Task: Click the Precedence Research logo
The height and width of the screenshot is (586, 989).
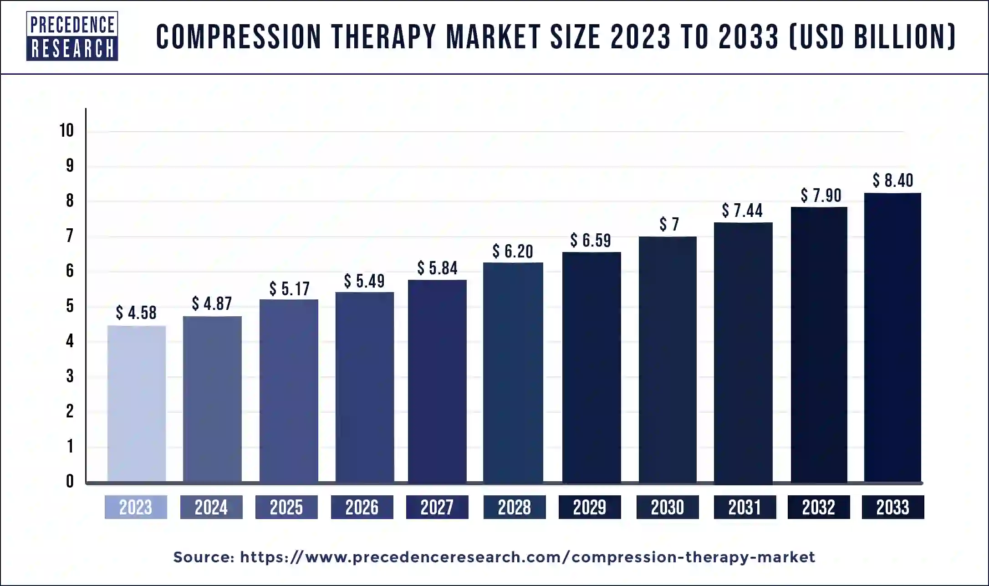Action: [72, 36]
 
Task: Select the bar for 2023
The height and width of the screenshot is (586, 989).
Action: [137, 403]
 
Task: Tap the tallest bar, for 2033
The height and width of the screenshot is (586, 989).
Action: [892, 337]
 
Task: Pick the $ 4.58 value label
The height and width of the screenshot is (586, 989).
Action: [136, 313]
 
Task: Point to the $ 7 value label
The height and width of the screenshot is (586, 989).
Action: [669, 224]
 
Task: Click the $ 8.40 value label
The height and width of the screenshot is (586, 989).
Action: [893, 180]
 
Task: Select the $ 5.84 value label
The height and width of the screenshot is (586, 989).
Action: [437, 268]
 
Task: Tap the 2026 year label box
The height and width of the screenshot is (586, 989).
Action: [362, 507]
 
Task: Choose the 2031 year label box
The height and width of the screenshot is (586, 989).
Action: [745, 507]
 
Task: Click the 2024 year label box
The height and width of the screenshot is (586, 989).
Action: [211, 507]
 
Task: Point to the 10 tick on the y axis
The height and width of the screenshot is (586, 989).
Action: [66, 131]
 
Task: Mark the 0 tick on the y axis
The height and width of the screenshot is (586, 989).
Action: [70, 481]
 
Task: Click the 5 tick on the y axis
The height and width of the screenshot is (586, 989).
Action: [70, 306]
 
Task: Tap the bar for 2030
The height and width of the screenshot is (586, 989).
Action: [668, 359]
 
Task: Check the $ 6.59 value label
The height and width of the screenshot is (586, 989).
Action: [591, 240]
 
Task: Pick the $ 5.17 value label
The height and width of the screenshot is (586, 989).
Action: [289, 288]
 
